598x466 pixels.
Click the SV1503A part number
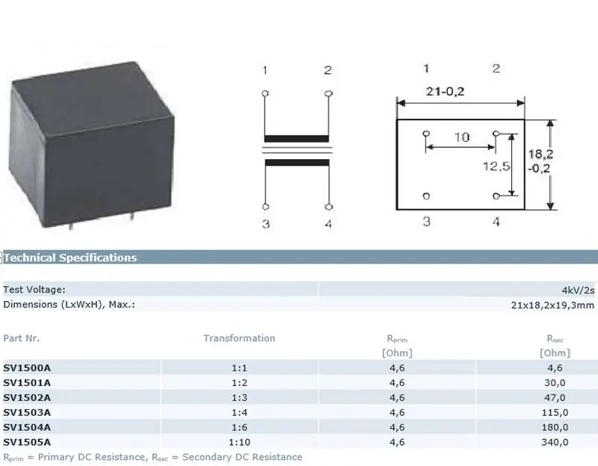(27, 412)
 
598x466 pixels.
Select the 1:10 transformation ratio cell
(239, 442)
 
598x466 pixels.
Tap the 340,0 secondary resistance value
(555, 442)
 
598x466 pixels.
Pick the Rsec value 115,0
(555, 412)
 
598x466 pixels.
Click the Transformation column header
(239, 338)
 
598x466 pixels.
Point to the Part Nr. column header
(22, 338)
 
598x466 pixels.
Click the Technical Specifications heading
(70, 258)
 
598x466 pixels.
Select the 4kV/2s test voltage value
(578, 291)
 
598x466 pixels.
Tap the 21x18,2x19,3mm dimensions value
(552, 305)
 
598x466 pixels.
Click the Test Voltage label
(34, 290)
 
